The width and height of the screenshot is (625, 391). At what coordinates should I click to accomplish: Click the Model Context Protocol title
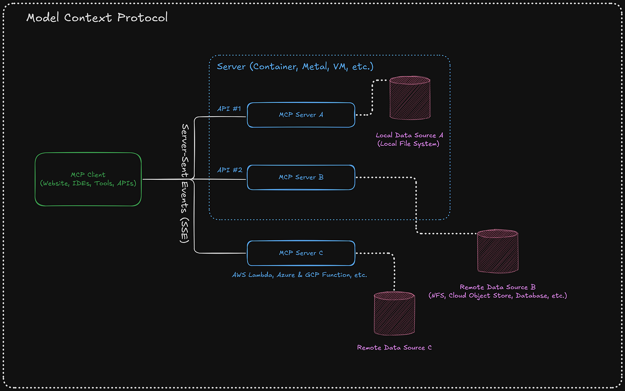[97, 18]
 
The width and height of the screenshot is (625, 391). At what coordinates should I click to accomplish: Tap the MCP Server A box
[301, 115]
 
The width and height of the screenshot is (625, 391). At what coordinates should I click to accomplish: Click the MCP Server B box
[301, 178]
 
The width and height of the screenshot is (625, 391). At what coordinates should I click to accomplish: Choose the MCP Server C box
[301, 253]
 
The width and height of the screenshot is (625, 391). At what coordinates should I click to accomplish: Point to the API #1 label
[229, 109]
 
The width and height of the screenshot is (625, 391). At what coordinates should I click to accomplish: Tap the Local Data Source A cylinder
[410, 99]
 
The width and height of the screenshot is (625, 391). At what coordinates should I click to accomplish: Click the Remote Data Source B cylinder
[498, 251]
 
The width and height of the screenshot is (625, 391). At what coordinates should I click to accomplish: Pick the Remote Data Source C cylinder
[394, 313]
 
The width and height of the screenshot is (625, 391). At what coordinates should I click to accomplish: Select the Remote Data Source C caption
[394, 348]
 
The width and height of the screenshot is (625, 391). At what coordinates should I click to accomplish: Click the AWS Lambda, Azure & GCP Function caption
[300, 275]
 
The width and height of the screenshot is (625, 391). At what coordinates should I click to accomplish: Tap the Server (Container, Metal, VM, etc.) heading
[295, 67]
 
